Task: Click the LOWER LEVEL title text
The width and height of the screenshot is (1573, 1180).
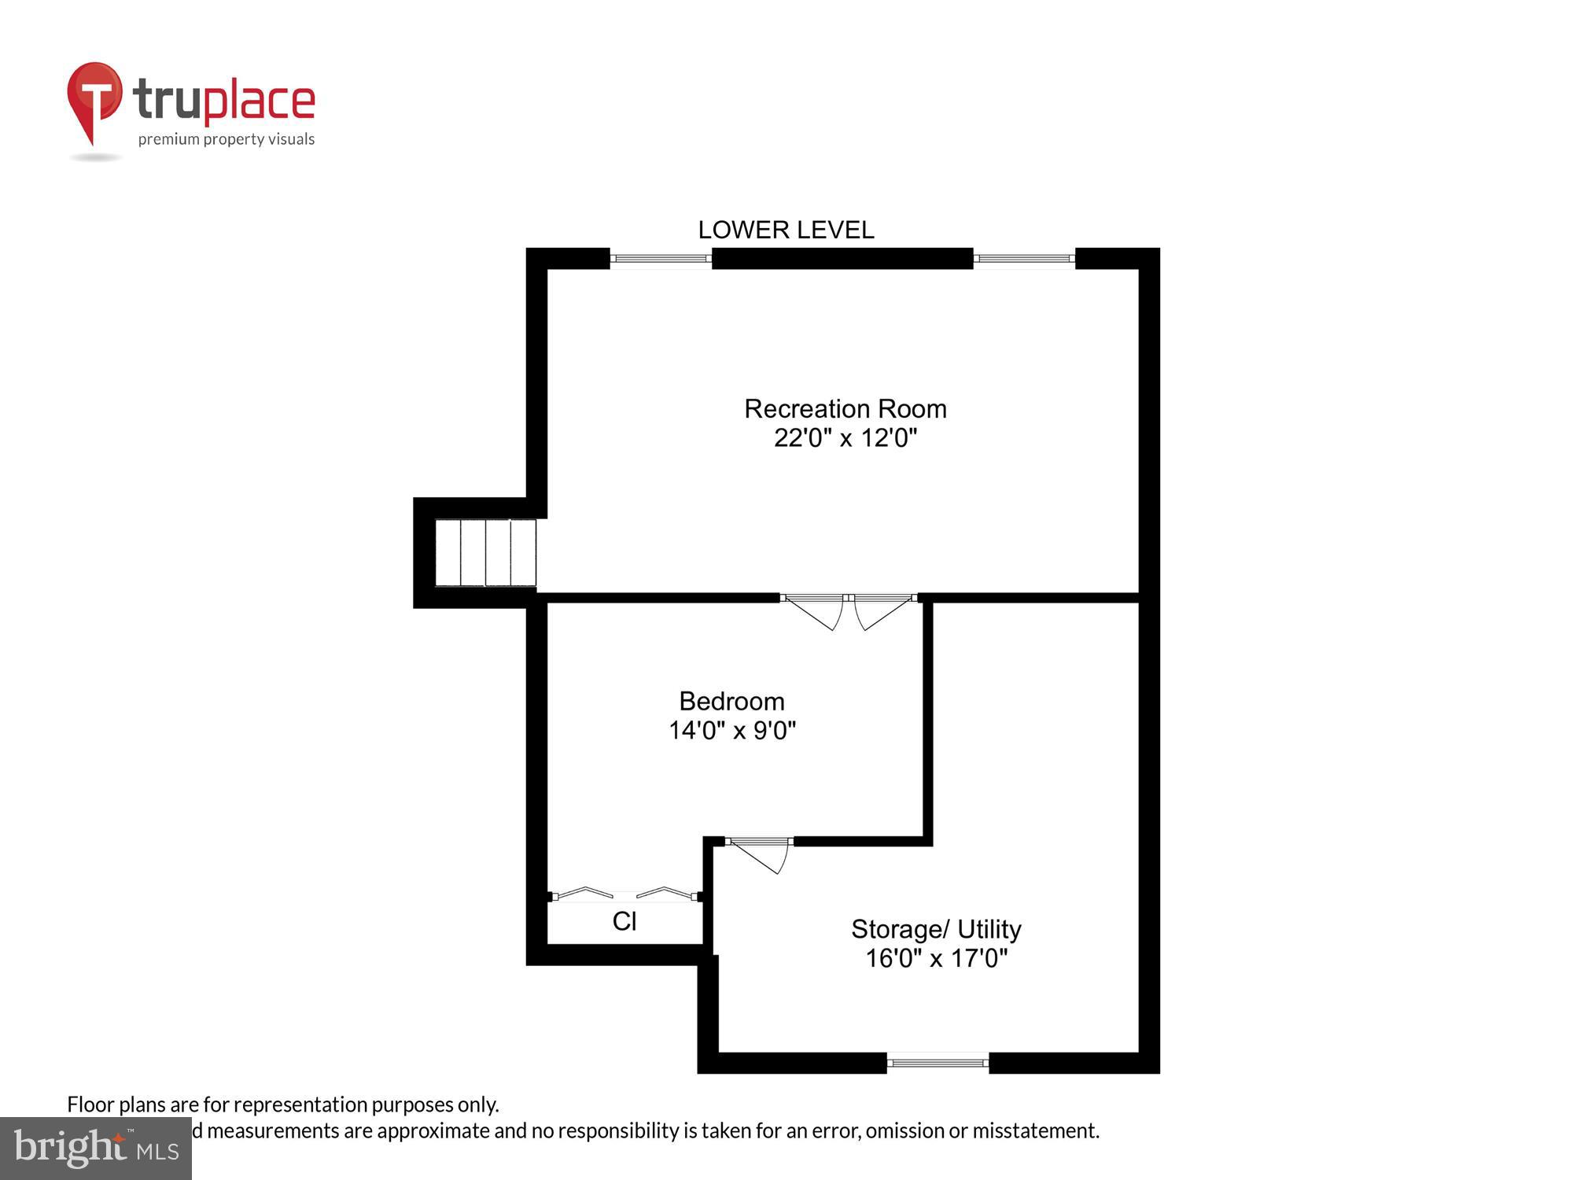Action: pos(786,230)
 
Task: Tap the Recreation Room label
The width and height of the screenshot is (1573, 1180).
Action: pos(845,409)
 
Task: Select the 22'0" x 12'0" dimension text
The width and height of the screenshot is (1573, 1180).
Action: pos(845,438)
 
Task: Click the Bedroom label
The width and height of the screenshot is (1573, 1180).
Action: pos(731,701)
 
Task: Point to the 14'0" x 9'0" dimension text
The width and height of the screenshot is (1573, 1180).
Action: pos(731,731)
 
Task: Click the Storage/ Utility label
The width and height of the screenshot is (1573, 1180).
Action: pos(936,929)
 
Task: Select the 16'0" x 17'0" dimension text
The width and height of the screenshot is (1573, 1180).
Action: pos(936,958)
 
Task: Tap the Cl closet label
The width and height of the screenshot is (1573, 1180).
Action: pos(624,921)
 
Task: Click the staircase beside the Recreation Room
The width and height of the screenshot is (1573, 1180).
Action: pos(485,552)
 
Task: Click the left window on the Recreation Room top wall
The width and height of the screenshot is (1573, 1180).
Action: pos(661,258)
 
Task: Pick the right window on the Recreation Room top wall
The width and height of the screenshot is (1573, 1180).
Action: pos(1024,258)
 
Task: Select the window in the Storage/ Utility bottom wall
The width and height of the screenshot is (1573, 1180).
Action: pos(938,1063)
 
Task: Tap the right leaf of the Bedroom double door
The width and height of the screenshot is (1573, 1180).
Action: pos(882,612)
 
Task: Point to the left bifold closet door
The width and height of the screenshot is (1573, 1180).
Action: pos(584,893)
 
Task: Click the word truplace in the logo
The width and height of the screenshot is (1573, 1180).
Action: pos(224,101)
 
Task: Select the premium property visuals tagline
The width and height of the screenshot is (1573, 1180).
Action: pos(227,140)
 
